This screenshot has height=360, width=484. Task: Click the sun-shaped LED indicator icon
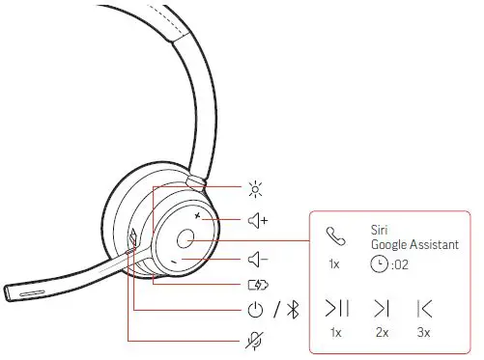click(256, 189)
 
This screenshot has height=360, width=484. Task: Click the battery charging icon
click(258, 285)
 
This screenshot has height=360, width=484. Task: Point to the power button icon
click(256, 311)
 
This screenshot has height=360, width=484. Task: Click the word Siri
click(379, 230)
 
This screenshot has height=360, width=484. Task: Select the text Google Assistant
click(413, 245)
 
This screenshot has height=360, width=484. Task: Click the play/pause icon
click(337, 309)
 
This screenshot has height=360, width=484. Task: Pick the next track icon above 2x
click(382, 309)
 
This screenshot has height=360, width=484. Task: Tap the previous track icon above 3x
click(423, 309)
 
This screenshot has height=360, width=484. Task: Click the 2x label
click(382, 333)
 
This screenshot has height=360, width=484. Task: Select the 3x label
click(423, 333)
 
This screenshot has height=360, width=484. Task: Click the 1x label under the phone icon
click(334, 263)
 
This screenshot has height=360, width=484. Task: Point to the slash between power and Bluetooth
click(275, 311)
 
